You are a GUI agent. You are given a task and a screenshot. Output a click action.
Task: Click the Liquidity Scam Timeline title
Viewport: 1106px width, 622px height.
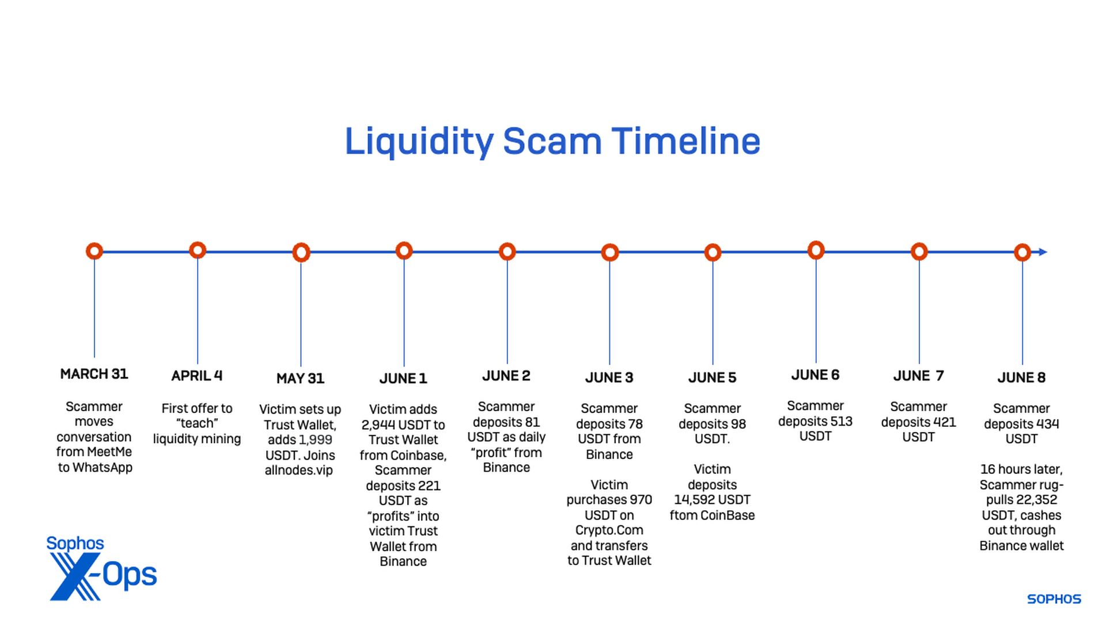tap(552, 142)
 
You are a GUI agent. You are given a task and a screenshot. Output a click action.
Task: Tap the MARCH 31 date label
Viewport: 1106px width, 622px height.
tap(94, 374)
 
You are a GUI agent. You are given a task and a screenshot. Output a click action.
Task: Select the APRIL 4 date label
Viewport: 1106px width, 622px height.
tap(196, 376)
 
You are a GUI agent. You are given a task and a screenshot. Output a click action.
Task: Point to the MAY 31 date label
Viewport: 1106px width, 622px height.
tap(300, 378)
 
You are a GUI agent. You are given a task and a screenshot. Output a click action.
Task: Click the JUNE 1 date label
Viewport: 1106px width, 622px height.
tap(403, 378)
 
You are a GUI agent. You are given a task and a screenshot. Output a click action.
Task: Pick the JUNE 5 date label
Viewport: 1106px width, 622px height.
tap(712, 377)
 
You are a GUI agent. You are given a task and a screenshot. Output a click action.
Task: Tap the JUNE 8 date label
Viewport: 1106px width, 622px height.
tap(1021, 377)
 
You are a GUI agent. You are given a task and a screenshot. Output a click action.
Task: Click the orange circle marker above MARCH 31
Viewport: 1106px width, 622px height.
tap(94, 251)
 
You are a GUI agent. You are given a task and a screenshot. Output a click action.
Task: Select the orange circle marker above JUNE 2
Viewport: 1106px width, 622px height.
tap(507, 252)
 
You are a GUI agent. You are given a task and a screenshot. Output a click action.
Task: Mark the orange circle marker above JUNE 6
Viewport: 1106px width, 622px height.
tap(816, 250)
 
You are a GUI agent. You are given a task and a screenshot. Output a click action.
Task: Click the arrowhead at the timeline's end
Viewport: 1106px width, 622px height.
tap(1043, 252)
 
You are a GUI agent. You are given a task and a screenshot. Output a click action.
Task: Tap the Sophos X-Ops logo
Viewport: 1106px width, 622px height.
tap(101, 568)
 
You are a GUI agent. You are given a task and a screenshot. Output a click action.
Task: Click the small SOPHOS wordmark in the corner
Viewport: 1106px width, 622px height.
tap(1054, 599)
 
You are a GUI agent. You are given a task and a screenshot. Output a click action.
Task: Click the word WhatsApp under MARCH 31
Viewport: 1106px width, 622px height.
tap(102, 468)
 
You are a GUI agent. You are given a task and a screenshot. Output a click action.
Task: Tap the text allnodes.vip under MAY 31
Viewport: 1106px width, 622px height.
tap(298, 470)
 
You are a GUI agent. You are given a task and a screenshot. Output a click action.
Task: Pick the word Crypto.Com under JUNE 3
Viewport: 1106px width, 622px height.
tap(609, 530)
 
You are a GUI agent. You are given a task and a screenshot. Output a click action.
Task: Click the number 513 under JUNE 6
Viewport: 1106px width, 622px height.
tap(841, 421)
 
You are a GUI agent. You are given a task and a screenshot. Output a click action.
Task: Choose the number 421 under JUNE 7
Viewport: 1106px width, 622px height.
tap(945, 422)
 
